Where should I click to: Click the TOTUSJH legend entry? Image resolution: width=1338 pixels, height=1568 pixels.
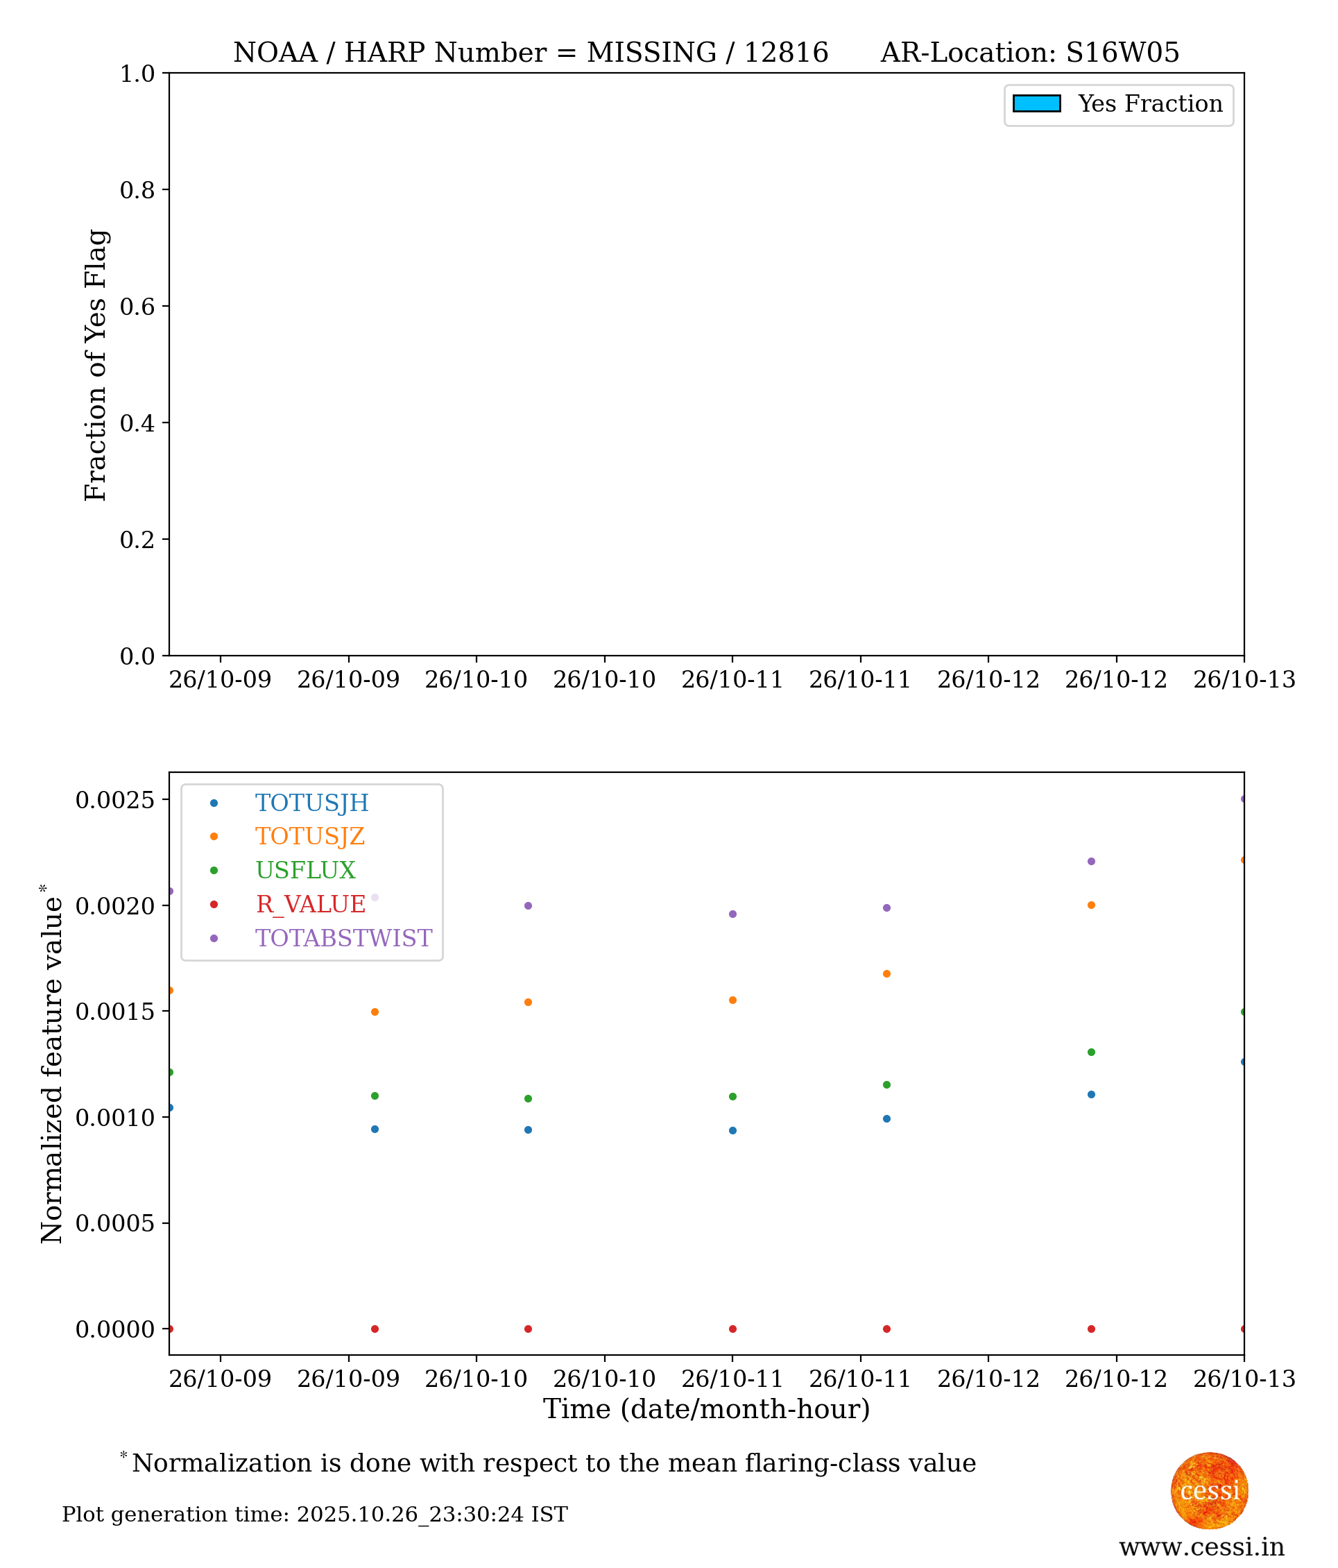click(x=311, y=803)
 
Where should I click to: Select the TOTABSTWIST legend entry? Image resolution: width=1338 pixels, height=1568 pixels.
click(x=343, y=939)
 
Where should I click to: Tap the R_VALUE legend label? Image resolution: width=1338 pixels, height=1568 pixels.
click(x=311, y=904)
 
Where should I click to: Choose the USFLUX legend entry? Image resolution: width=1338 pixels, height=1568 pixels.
click(x=306, y=870)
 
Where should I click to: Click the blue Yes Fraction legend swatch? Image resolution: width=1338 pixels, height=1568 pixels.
click(x=1036, y=103)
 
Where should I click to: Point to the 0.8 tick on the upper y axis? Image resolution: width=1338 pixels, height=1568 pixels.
click(x=137, y=190)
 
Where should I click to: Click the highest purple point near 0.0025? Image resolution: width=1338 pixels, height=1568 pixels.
click(x=1243, y=799)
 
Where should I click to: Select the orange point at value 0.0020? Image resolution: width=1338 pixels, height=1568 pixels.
click(x=1090, y=905)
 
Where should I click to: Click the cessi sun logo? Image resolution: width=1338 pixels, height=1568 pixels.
click(x=1209, y=1490)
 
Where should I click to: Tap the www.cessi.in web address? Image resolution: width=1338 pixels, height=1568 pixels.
click(x=1202, y=1546)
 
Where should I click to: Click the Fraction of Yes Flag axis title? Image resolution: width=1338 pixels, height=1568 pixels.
click(x=96, y=365)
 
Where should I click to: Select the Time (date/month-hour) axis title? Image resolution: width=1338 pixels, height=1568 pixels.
click(x=706, y=1409)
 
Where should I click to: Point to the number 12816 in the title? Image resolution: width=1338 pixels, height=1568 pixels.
click(x=786, y=53)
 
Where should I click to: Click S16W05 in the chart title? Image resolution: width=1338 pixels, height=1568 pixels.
click(x=1122, y=53)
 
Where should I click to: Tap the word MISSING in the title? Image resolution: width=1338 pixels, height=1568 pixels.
click(x=651, y=53)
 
